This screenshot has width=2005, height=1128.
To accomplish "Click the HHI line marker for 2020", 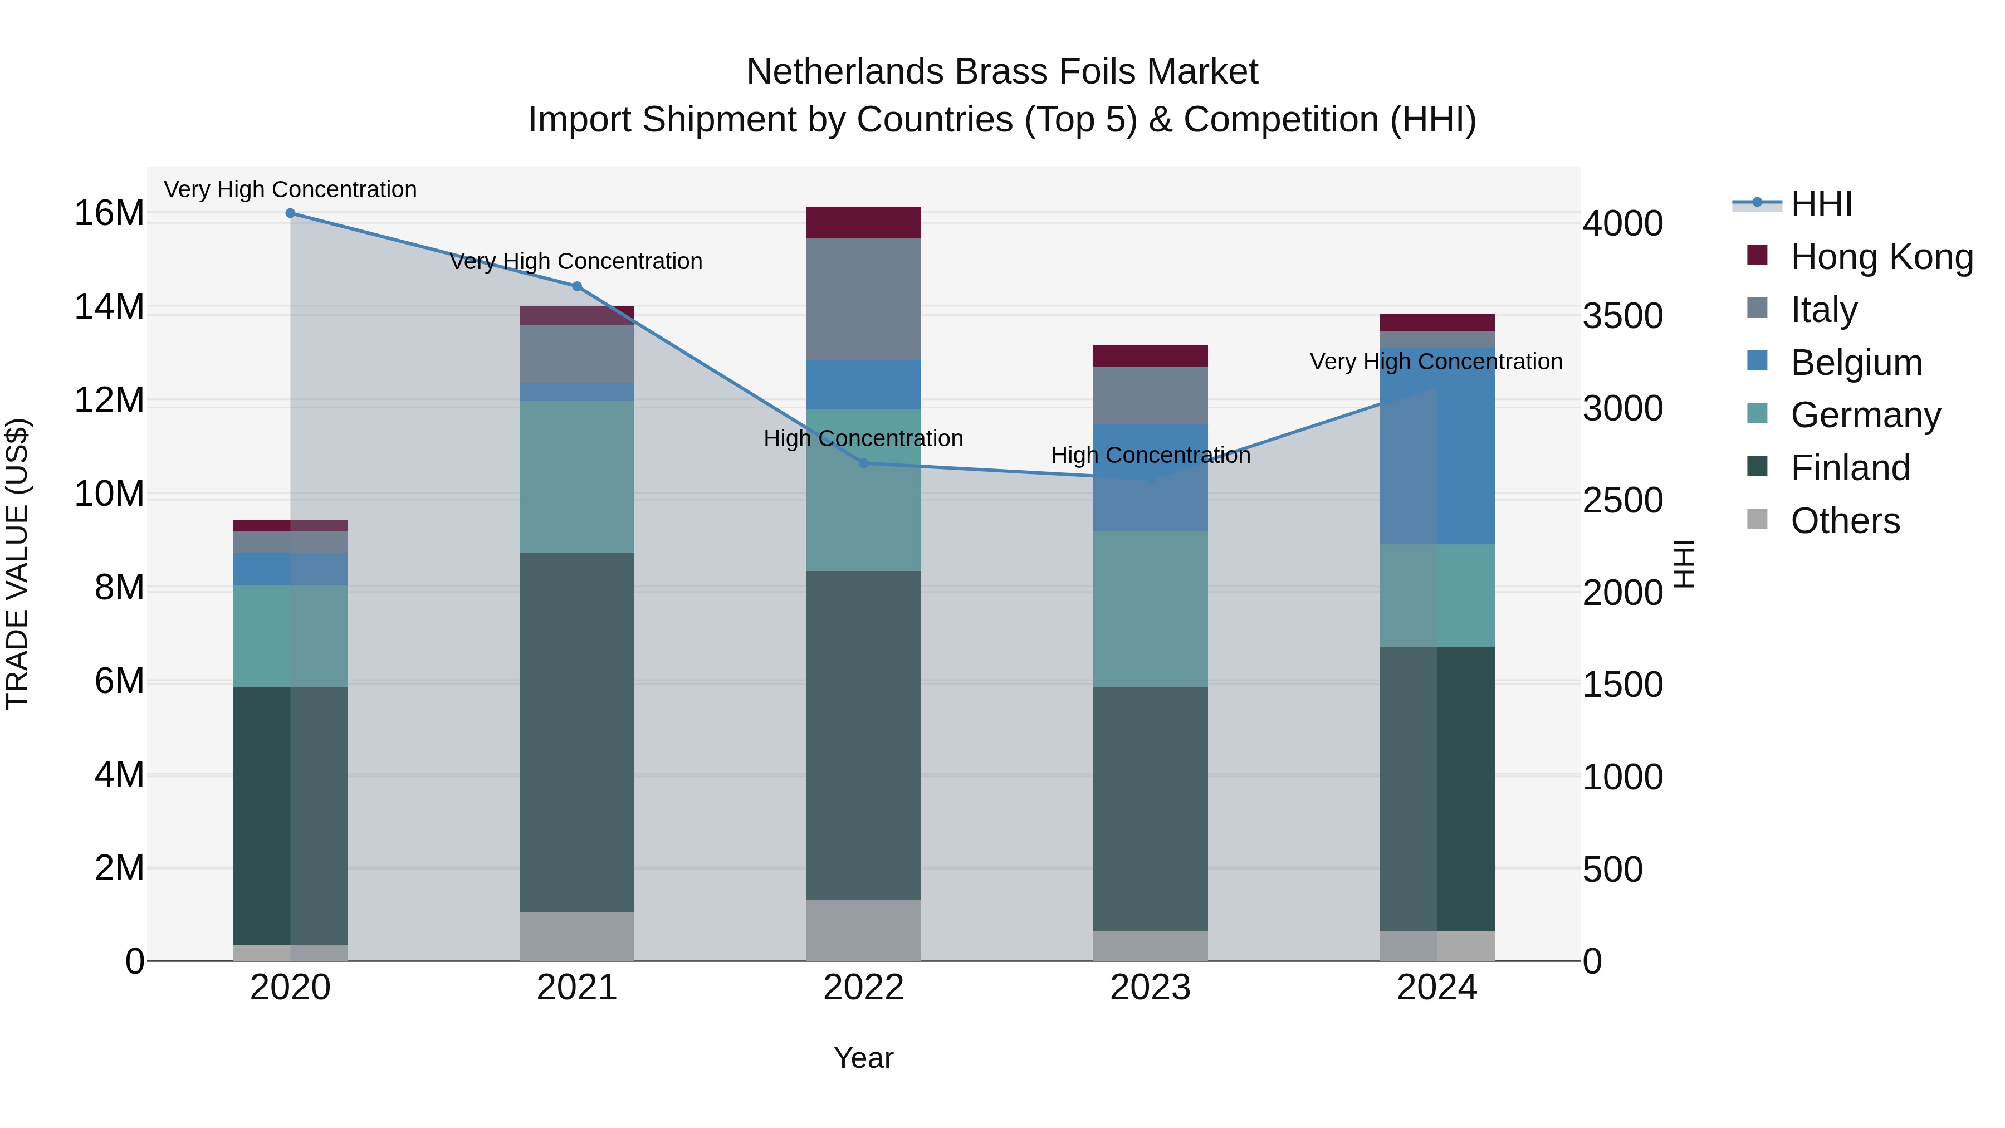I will tap(290, 213).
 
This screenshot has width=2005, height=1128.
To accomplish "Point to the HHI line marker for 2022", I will tap(863, 463).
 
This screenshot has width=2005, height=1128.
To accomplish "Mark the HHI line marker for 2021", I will tap(577, 286).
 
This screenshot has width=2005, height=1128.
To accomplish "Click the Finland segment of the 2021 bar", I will tap(577, 732).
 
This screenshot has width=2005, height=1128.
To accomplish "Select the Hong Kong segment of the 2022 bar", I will tap(863, 223).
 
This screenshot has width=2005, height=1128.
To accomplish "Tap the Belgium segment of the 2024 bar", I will tap(1437, 445).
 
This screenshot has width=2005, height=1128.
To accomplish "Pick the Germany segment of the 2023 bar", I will tap(1151, 609).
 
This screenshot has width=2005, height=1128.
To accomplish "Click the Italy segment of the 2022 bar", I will tap(863, 299).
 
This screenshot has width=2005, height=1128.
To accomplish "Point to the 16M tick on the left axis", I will tap(109, 214).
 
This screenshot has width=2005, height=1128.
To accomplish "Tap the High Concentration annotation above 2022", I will tap(863, 439).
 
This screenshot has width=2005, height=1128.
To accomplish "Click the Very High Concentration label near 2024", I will tap(1436, 362).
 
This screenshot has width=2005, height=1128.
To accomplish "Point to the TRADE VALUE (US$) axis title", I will tap(17, 564).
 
